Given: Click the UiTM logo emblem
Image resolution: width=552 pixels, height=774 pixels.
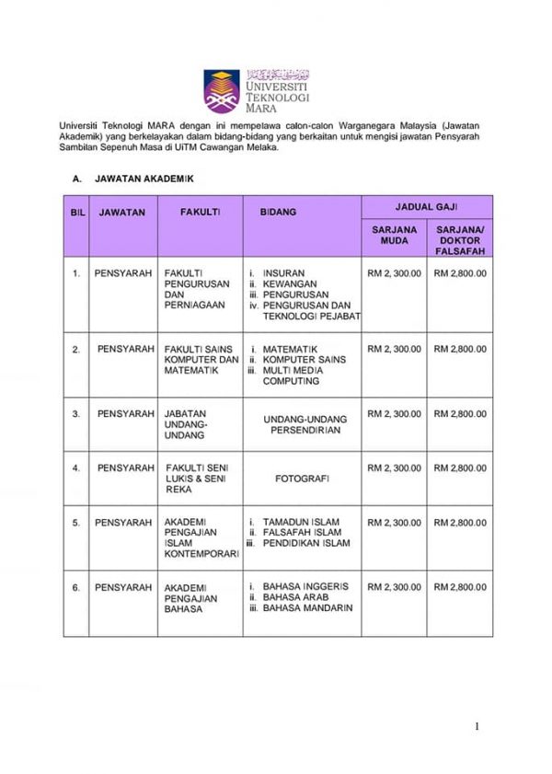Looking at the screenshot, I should [222, 90].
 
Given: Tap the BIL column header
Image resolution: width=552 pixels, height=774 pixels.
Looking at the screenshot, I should [76, 212].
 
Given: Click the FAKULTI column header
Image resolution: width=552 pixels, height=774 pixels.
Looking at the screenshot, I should [200, 212].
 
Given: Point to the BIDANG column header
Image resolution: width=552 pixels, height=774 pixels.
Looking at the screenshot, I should [278, 212].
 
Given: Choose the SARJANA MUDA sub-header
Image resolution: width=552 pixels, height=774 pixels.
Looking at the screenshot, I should [395, 236].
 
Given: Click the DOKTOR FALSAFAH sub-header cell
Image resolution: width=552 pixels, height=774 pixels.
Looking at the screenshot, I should [460, 240].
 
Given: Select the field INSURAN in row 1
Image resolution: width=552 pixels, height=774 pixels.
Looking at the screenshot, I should [282, 273].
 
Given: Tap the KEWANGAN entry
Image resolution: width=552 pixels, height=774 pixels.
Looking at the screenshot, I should [288, 284].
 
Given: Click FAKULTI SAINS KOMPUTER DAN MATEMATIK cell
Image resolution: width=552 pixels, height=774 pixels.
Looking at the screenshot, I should [201, 360].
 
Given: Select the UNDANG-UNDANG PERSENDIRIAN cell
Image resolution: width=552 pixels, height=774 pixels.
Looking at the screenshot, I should [305, 424].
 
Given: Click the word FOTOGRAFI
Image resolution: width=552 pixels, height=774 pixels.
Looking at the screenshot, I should [303, 479].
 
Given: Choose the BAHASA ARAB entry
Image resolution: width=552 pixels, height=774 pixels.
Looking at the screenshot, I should [297, 597].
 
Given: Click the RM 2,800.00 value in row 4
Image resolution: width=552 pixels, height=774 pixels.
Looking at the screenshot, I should [460, 468].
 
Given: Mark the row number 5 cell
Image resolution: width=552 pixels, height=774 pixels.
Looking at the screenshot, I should [76, 523].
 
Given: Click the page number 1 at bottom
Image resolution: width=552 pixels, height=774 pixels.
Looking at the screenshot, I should [477, 727].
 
